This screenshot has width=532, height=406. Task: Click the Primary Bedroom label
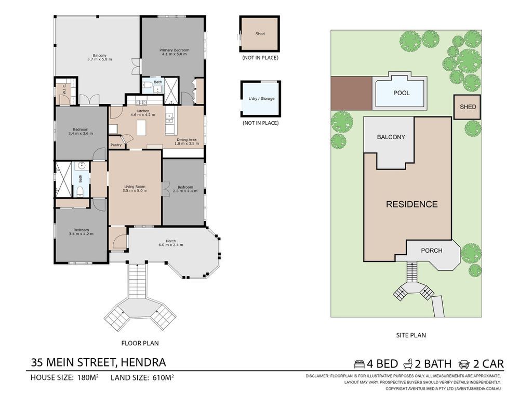[x=175, y=50]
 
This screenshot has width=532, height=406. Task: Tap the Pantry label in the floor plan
[x=116, y=145]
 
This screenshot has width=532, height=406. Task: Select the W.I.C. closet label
[x=64, y=89]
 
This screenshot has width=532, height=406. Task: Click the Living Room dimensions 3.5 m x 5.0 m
[x=135, y=191]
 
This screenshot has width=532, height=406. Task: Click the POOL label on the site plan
[x=402, y=93]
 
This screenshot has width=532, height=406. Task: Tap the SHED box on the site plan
[x=468, y=107]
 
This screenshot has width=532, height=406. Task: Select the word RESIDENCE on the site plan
[x=412, y=204]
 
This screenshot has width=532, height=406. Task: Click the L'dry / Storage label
[x=261, y=98]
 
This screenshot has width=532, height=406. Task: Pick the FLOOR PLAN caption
[x=140, y=343]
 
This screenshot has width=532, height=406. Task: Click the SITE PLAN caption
[x=411, y=335]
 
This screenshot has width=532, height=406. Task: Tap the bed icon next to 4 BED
[x=360, y=364]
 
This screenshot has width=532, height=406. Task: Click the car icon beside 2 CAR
[x=463, y=364]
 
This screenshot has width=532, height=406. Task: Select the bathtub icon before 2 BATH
[x=408, y=364]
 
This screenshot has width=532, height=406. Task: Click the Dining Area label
[x=187, y=139]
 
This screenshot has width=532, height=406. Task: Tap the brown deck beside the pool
[x=352, y=93]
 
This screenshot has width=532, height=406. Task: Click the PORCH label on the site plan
[x=432, y=251]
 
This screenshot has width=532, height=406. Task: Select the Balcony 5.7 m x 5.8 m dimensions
[x=99, y=59]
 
